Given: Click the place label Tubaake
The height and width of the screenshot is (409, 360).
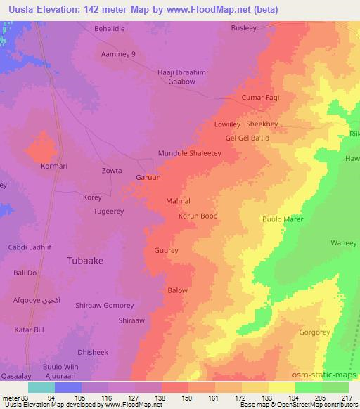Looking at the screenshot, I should point(85,260).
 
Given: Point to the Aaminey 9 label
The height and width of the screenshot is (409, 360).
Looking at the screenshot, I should point(118,54).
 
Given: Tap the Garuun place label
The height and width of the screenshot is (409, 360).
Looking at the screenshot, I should point(148,178).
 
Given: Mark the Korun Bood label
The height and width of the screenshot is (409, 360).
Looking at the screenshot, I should point(198,216).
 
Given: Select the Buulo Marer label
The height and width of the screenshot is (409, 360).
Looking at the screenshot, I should point(282,219).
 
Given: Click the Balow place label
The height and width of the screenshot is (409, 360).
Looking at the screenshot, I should point(177,290).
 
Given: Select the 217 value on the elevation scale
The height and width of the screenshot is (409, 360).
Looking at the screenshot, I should point(347,398).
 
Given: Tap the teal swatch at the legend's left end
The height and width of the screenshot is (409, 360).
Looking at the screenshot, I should point(41,387).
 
